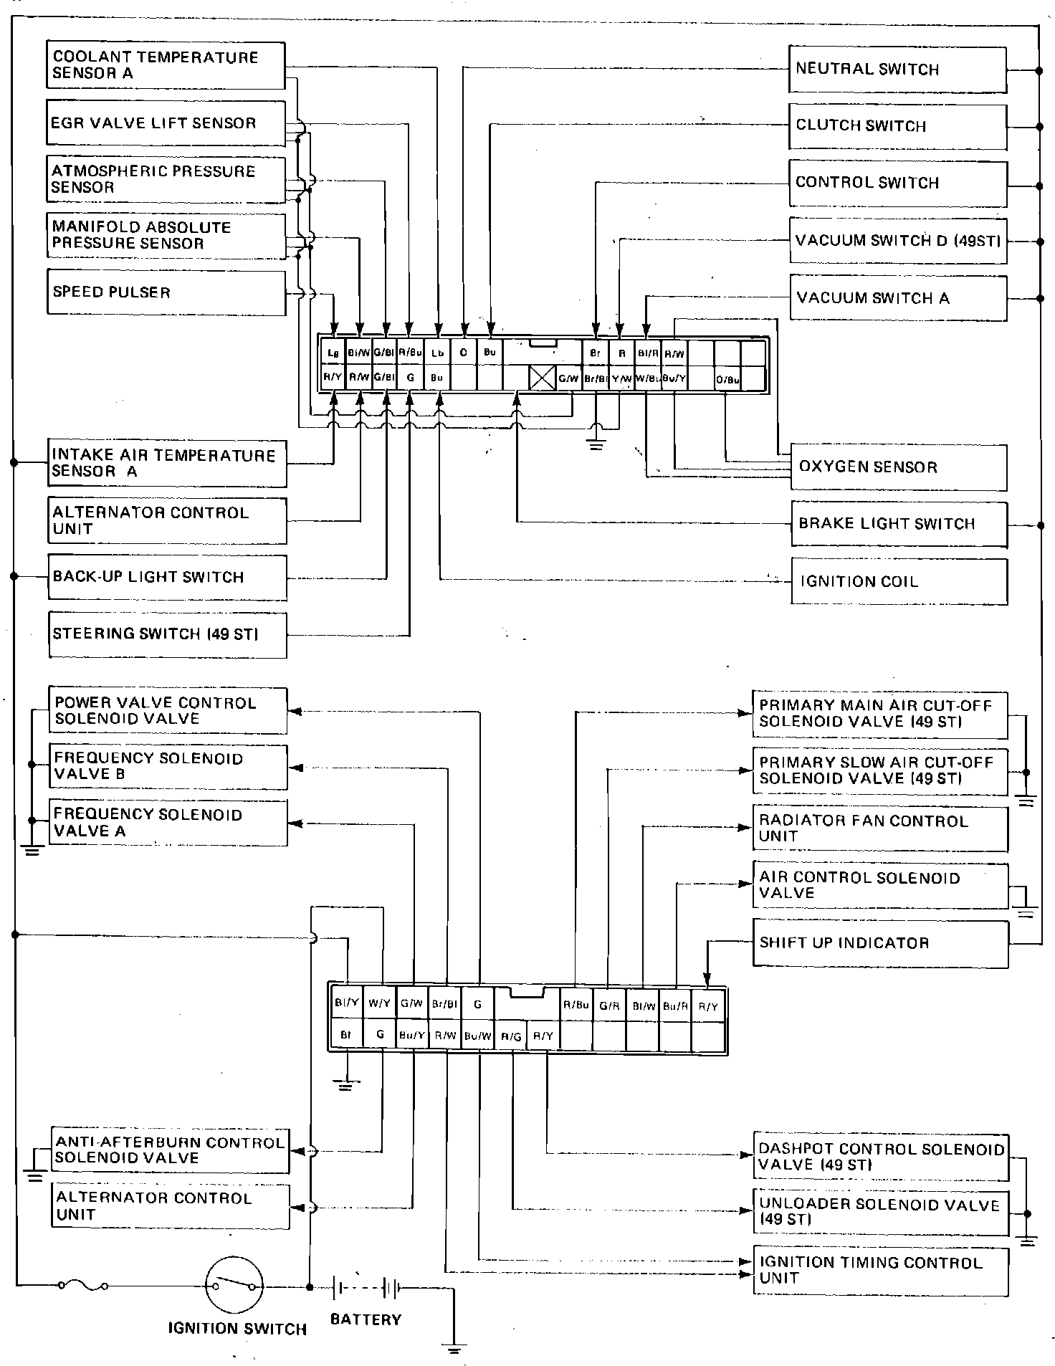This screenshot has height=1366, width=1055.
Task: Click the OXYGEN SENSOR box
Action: (x=898, y=467)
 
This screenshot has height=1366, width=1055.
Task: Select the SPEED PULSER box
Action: (x=166, y=292)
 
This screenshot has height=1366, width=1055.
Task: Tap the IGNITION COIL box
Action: (x=899, y=581)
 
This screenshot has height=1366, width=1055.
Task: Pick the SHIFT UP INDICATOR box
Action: (x=880, y=943)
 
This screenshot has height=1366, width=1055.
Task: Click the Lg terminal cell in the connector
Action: (x=333, y=353)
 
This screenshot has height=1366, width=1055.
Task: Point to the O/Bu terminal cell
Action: (x=727, y=379)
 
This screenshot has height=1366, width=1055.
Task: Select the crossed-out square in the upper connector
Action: (x=542, y=378)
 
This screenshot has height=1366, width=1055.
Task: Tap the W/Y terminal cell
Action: (x=380, y=1003)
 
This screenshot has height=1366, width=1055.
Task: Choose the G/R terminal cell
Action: (x=609, y=1006)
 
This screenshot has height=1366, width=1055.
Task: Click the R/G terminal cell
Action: (x=511, y=1036)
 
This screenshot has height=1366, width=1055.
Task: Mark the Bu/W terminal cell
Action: (x=477, y=1036)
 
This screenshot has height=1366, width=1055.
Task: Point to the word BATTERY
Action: (x=366, y=1319)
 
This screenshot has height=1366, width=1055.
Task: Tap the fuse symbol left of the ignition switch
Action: (x=83, y=1286)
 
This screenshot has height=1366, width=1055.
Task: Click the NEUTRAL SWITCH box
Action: (x=897, y=70)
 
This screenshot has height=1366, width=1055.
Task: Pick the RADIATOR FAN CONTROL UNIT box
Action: (x=880, y=828)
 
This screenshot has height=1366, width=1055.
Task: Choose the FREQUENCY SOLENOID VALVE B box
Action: (x=168, y=766)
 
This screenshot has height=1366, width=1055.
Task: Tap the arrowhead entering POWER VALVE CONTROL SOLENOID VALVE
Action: (x=294, y=711)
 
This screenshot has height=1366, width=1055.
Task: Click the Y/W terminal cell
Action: (x=621, y=379)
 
